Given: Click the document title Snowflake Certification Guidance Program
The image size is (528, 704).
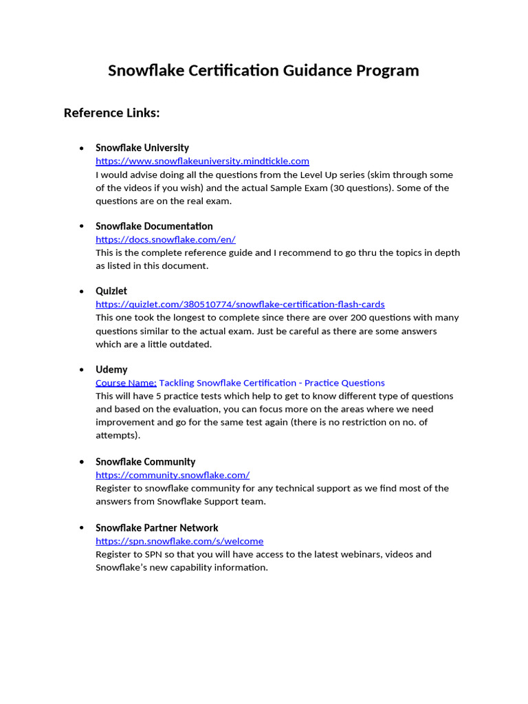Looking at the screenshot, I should pyautogui.click(x=263, y=71).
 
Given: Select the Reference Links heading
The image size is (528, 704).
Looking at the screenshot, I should pyautogui.click(x=111, y=113).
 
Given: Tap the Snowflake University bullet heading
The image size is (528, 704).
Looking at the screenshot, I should pyautogui.click(x=142, y=148).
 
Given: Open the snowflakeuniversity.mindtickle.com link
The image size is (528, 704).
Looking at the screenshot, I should pyautogui.click(x=202, y=161).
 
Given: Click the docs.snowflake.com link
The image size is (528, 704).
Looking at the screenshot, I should pyautogui.click(x=166, y=239).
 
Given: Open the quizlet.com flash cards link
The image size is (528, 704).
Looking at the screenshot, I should pyautogui.click(x=240, y=304).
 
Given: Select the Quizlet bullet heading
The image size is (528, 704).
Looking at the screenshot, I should pyautogui.click(x=111, y=291).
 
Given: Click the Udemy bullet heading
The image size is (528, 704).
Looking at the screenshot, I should pyautogui.click(x=111, y=370).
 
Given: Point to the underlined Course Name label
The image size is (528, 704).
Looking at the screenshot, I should pyautogui.click(x=126, y=383).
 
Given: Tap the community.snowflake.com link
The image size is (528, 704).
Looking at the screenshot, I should pyautogui.click(x=173, y=475).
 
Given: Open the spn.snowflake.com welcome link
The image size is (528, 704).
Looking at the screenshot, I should pyautogui.click(x=179, y=541).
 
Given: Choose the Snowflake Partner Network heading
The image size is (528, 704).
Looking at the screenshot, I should pyautogui.click(x=157, y=528).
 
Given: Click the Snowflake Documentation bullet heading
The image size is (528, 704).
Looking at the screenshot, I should pyautogui.click(x=154, y=226).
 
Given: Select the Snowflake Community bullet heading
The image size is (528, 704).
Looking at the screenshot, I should pyautogui.click(x=145, y=462).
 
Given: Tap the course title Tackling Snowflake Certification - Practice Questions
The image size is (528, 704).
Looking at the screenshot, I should pyautogui.click(x=272, y=383).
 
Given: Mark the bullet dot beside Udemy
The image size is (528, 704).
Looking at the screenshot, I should pyautogui.click(x=82, y=370).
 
